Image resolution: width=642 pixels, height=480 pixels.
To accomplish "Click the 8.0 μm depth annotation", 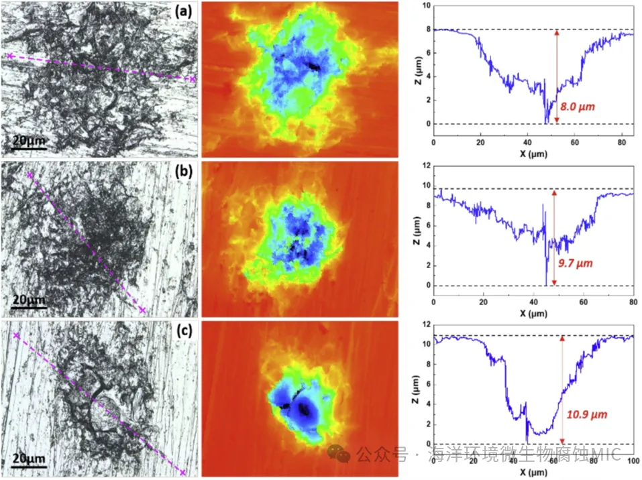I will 578,106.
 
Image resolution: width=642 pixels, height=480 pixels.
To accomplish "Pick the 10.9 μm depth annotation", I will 588,414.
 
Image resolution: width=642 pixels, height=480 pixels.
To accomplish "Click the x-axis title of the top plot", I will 533,154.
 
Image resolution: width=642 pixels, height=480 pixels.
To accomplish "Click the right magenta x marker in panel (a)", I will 193,79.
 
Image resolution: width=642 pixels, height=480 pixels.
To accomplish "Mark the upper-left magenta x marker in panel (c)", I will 16,334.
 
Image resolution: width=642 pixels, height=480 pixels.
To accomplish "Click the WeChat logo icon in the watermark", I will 341,455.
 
